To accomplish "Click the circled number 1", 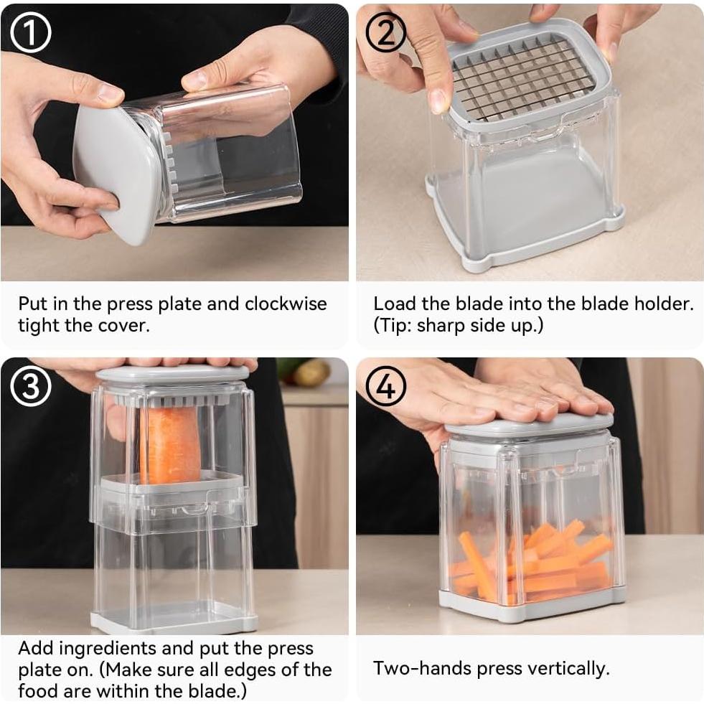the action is (x=31, y=32).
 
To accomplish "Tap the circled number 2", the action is (x=385, y=32).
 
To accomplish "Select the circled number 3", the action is (x=31, y=386).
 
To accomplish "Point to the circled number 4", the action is (x=385, y=386).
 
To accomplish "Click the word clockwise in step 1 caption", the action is (x=286, y=304).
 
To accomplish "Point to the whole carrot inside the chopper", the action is (x=170, y=444).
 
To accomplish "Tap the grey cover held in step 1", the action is (x=116, y=173).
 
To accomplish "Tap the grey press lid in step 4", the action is (x=530, y=425).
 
